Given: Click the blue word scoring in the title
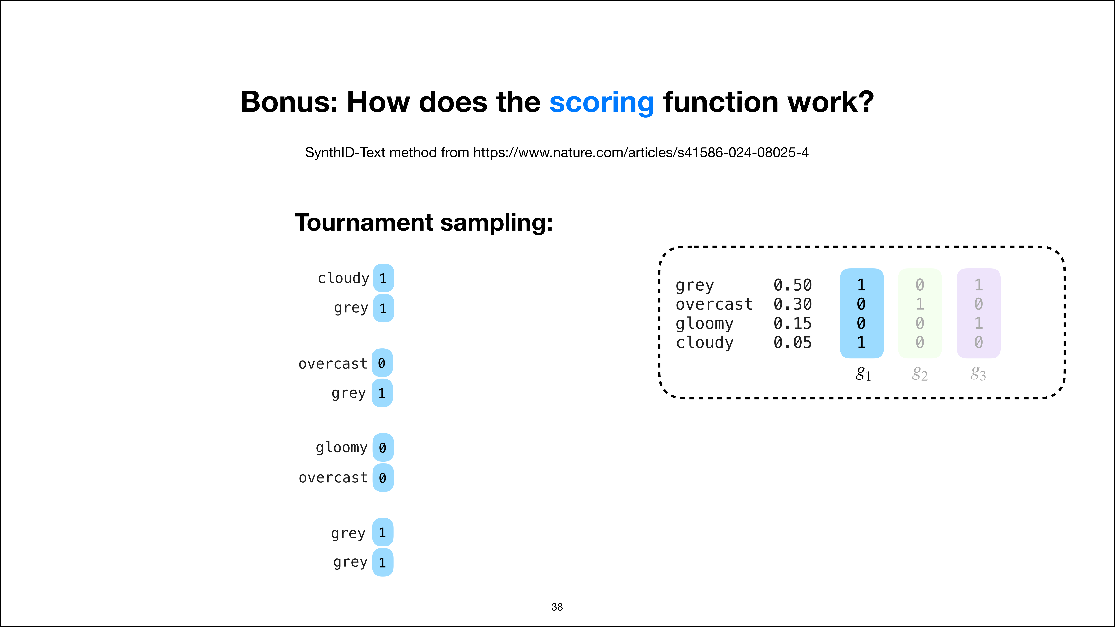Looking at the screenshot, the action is [x=602, y=103].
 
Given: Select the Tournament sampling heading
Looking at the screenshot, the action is [x=423, y=223].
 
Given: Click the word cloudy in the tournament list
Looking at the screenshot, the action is [x=343, y=278].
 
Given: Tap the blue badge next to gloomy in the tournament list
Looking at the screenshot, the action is [x=383, y=447].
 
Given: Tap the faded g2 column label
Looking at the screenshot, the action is [x=920, y=373].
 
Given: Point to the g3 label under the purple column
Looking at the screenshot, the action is [x=978, y=373].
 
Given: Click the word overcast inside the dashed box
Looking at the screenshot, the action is [x=714, y=304].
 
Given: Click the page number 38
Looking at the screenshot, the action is [x=557, y=607].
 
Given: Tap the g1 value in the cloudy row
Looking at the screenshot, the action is [x=861, y=343].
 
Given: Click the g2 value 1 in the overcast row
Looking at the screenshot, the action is [x=920, y=304].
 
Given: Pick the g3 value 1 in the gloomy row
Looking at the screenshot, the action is [x=978, y=323].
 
